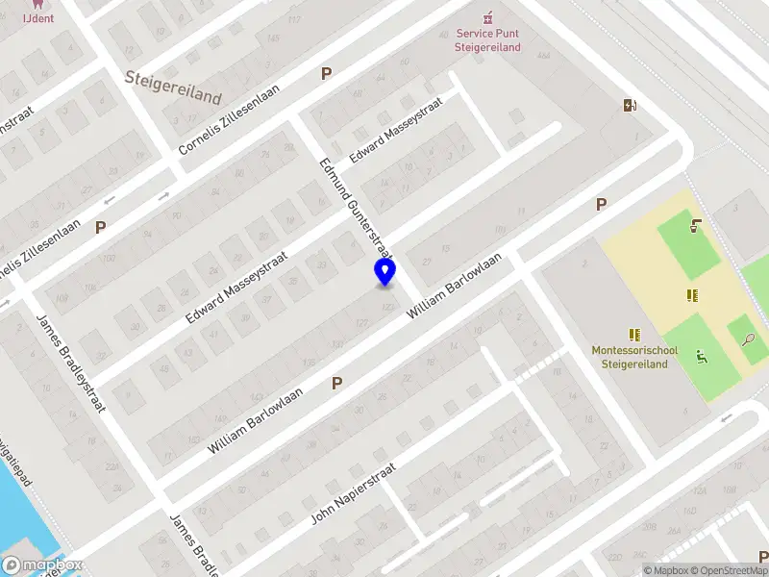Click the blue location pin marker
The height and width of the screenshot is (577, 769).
(x=384, y=271)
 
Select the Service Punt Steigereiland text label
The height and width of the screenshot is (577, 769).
(x=488, y=40)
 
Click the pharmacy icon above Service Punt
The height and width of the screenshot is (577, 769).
(x=488, y=16)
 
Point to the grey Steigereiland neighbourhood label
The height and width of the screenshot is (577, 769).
(x=173, y=88)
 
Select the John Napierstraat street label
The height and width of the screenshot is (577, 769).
(x=353, y=492)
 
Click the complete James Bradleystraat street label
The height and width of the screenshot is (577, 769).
(x=70, y=363)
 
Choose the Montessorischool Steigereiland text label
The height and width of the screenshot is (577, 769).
(x=634, y=357)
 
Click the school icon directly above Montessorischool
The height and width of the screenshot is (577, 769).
(x=634, y=335)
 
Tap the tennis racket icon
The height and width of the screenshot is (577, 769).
(x=748, y=339)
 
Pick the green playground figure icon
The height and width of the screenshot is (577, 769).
(x=702, y=358)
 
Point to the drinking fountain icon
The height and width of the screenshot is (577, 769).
(x=695, y=227)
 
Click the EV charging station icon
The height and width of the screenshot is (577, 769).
(x=630, y=105)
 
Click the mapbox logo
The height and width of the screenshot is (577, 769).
(x=41, y=564)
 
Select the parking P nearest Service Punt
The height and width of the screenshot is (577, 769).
(x=327, y=73)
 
